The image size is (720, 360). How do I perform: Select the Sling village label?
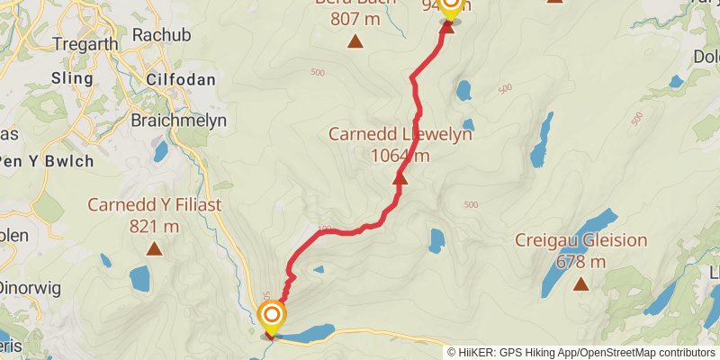73,78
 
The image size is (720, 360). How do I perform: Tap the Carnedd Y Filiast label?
154,204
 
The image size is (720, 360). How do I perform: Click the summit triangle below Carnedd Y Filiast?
154,248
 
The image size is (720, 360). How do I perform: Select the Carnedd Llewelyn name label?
400,134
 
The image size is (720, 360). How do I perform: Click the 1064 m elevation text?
400,155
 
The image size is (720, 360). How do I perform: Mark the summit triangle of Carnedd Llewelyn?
400,178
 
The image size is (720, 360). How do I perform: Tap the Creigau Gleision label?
580,240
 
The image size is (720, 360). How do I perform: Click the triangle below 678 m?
580,284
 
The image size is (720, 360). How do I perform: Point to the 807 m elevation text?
355,19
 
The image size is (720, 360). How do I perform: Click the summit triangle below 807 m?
355,41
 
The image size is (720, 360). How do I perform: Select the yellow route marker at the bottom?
272,317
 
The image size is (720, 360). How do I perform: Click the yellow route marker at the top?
448,7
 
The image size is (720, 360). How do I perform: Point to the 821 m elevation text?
154,226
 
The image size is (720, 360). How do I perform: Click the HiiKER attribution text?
581,353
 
